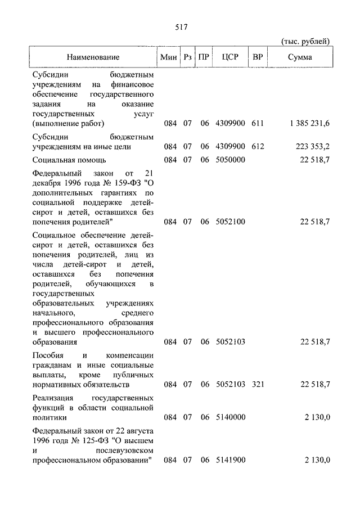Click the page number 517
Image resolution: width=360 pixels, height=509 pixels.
coord(180,26)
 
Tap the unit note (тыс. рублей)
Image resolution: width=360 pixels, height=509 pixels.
coord(305,41)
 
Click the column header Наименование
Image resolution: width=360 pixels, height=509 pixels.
coord(93,57)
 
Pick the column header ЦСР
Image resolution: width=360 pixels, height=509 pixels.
coord(231,57)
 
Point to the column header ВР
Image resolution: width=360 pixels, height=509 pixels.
coord(258,57)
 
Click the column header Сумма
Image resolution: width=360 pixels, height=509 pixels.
coord(301,57)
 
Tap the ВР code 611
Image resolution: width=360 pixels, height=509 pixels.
coord(258,123)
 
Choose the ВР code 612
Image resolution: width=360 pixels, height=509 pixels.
coord(258,147)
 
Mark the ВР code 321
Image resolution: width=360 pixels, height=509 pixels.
coord(258,384)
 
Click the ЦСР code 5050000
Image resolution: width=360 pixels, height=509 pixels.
coord(231,160)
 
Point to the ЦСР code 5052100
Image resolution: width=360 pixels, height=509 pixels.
coord(231,222)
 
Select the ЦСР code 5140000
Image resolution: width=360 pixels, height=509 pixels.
coord(231,418)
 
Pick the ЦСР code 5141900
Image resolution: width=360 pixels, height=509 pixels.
coord(231,460)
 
